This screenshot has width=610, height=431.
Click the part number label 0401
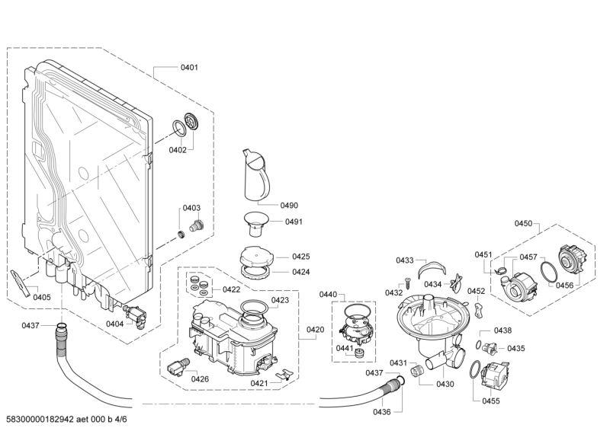click(x=189, y=68)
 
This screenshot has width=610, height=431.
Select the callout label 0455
click(x=491, y=401)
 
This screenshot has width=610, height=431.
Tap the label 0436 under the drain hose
click(x=382, y=412)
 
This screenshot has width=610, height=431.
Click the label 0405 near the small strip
click(x=42, y=297)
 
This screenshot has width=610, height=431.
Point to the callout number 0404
click(x=114, y=324)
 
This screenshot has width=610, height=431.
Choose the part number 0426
click(x=200, y=378)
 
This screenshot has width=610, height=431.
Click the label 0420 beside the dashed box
click(x=315, y=330)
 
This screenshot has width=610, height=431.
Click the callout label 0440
click(x=327, y=294)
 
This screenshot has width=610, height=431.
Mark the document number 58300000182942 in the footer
click(x=39, y=420)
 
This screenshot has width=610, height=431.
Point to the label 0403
click(x=191, y=208)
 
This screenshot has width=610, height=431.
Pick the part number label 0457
click(x=528, y=257)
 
